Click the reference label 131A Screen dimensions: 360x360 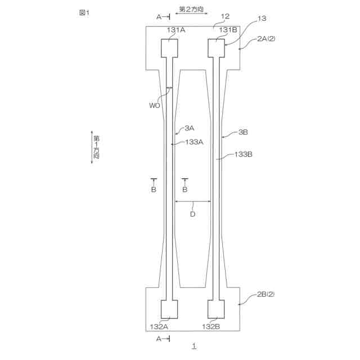pos(176,30)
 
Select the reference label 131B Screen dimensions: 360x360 pos(228,30)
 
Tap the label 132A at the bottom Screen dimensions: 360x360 pos(159,326)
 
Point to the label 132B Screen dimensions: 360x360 pos(211,326)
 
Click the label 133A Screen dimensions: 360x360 pos(194,142)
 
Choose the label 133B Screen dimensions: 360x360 pos(243,154)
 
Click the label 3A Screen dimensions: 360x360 pos(190,128)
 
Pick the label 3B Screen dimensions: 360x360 pos(243,132)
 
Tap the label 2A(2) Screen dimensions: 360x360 pos(266,39)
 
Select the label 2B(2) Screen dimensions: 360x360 pos(266,294)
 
